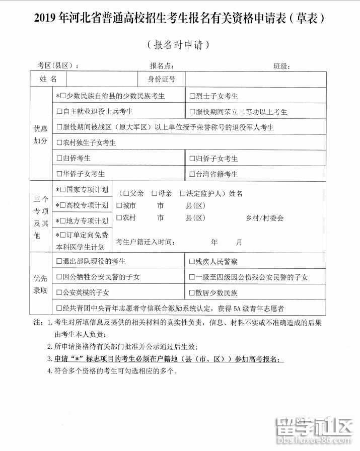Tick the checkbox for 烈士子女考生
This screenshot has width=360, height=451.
coord(192,96)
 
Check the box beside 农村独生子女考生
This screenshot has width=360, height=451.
coord(59,143)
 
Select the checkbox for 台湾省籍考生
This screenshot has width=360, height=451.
coord(192,174)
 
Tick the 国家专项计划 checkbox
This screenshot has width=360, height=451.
coord(63,190)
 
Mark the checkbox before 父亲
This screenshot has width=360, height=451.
coord(126,194)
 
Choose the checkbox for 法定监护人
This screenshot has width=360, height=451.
coord(182,194)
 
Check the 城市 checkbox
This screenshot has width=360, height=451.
coord(119,205)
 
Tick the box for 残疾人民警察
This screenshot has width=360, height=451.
coord(192,261)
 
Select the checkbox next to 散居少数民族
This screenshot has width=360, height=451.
coord(192,292)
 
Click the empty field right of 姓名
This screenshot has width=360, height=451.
coord(101,79)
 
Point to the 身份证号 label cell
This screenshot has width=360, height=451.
coord(161,79)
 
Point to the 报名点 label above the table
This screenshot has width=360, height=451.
coord(162,66)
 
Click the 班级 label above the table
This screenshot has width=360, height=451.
coord(281,66)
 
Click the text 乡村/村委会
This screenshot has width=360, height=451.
coord(264,218)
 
